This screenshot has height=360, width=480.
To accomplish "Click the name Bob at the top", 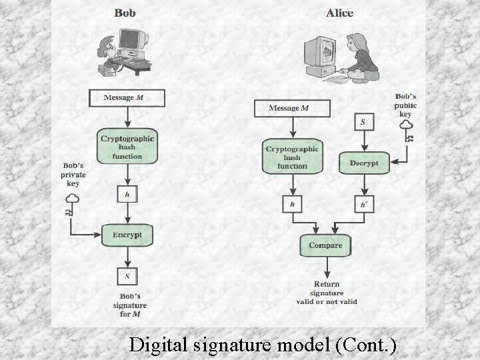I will tap(127, 12).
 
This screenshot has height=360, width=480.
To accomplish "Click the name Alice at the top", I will tap(341, 12).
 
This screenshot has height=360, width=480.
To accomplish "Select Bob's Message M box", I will tap(126, 98).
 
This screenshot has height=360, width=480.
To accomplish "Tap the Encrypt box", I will tap(127, 235).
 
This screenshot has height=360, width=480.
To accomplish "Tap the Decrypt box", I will tap(363, 163).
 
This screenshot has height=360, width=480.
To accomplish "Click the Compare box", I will tap(325, 245).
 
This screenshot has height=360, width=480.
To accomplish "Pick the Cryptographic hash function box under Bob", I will tap(127, 147).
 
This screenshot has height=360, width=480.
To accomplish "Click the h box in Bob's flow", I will tap(127, 194).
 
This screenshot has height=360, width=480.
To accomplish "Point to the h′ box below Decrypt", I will tap(363, 204).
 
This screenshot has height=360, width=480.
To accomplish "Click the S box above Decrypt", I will tap(363, 123).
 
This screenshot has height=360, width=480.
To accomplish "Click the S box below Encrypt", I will tap(127, 275).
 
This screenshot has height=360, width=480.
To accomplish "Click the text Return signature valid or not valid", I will tap(326, 293).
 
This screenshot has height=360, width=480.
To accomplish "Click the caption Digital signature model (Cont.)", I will tap(263, 345).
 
